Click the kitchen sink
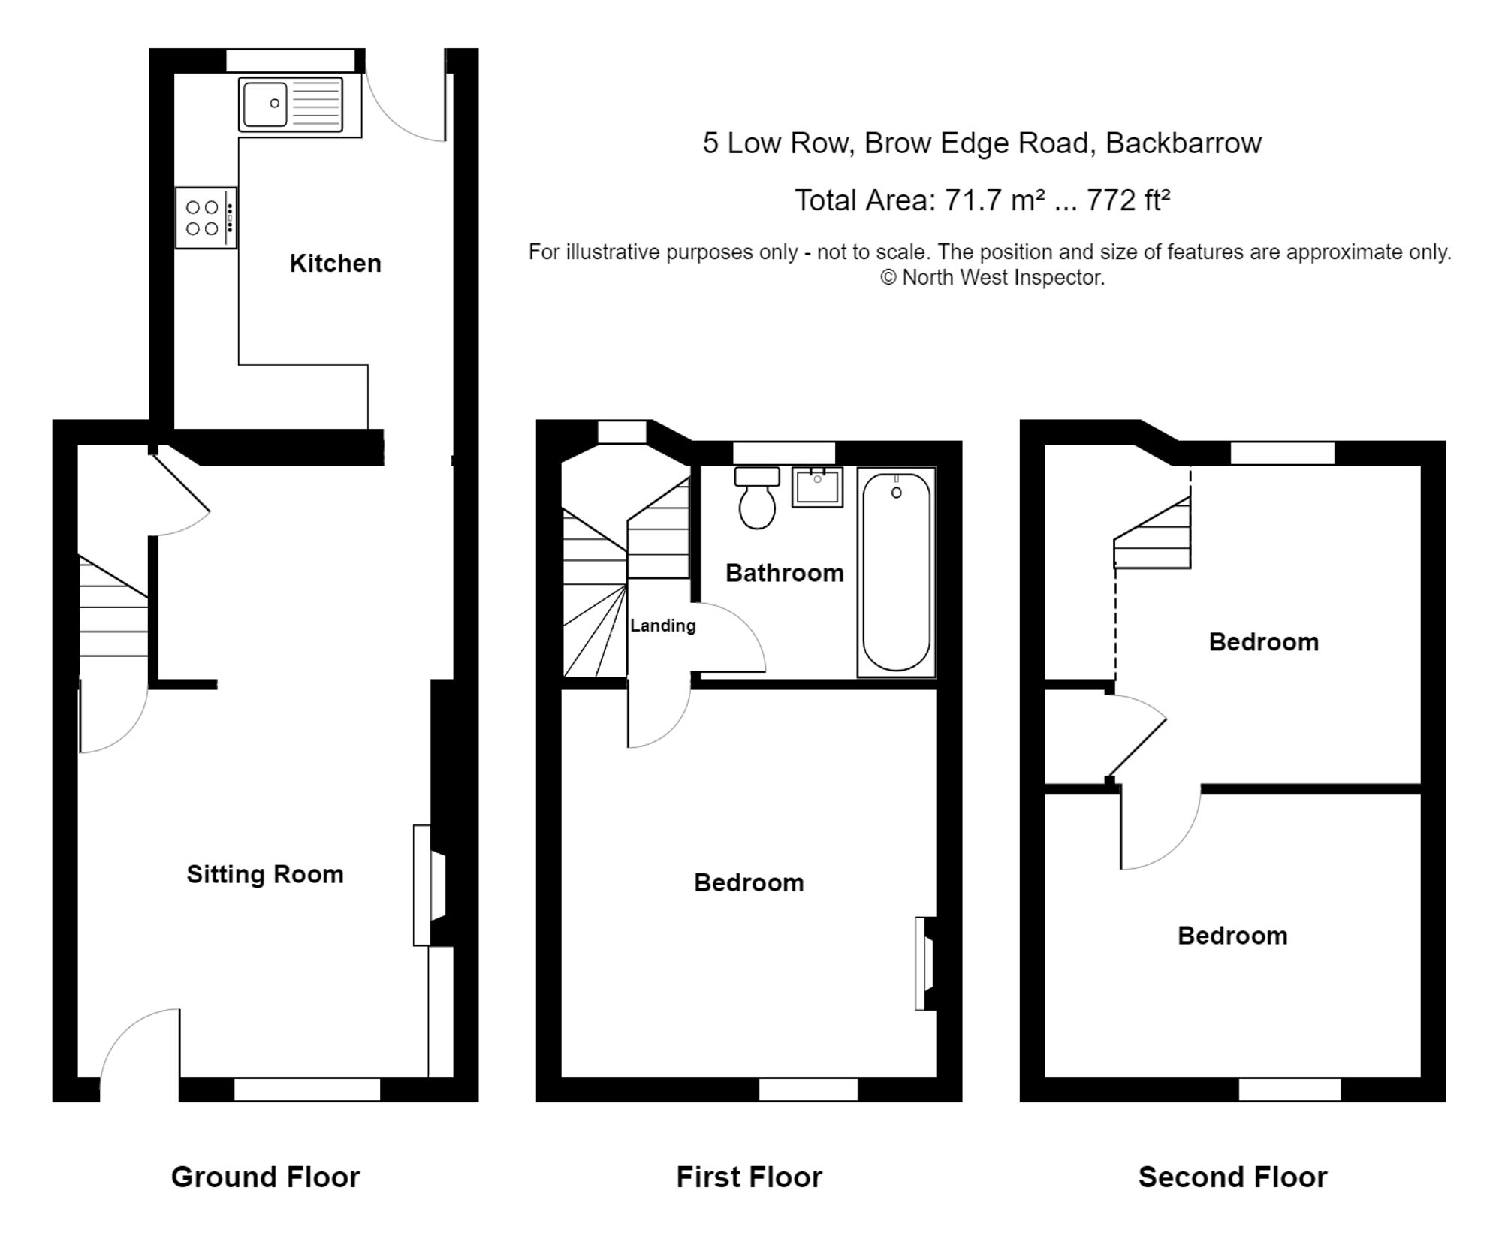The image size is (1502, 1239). pyautogui.click(x=291, y=104)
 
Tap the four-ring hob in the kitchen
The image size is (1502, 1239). pyautogui.click(x=207, y=218)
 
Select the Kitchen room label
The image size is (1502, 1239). pyautogui.click(x=336, y=264)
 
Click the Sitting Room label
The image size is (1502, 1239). pyautogui.click(x=265, y=874)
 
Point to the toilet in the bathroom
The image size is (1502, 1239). pyautogui.click(x=757, y=497)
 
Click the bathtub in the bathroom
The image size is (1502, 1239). pyautogui.click(x=897, y=572)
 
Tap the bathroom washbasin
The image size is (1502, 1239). pyautogui.click(x=817, y=487)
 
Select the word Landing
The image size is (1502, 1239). pyautogui.click(x=663, y=626)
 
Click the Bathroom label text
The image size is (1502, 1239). pyautogui.click(x=785, y=573)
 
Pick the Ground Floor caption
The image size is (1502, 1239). pyautogui.click(x=266, y=1177)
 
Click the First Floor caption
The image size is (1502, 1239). pyautogui.click(x=749, y=1177)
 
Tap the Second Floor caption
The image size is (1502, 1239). pyautogui.click(x=1233, y=1177)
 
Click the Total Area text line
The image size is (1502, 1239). pyautogui.click(x=982, y=200)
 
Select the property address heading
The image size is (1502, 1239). pyautogui.click(x=982, y=143)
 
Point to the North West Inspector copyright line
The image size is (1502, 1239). pyautogui.click(x=993, y=278)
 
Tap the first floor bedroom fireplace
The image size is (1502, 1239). pyautogui.click(x=925, y=963)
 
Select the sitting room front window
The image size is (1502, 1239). pyautogui.click(x=307, y=1090)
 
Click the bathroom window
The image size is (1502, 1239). pyautogui.click(x=784, y=453)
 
